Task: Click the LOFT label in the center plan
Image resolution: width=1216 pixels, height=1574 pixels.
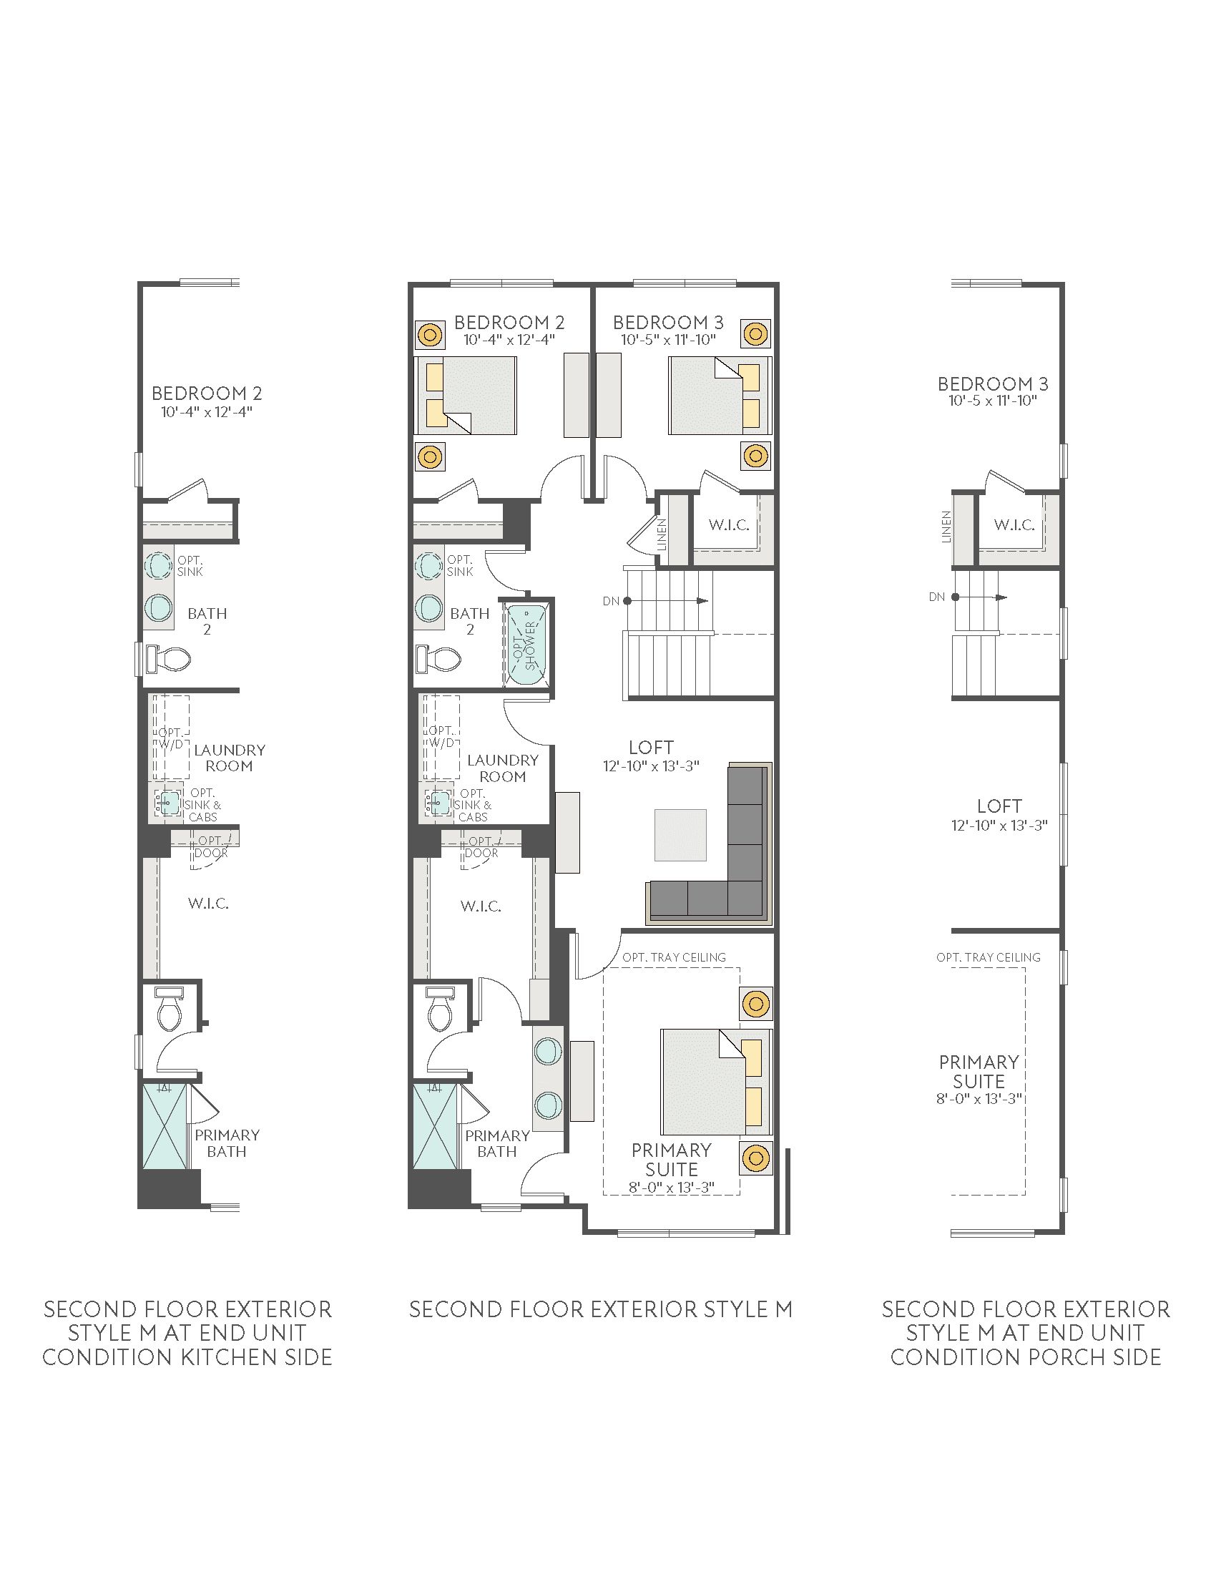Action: (651, 748)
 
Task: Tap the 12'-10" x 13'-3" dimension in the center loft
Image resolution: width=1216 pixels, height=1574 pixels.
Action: (651, 766)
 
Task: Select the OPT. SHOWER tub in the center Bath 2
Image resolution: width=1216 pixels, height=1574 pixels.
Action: (528, 644)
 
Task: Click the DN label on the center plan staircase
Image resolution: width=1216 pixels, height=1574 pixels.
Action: (611, 601)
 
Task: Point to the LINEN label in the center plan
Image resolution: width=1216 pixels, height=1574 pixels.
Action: (662, 534)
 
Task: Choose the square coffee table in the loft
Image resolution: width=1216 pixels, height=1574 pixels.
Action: (680, 835)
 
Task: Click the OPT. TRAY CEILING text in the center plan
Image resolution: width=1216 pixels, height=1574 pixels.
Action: (675, 957)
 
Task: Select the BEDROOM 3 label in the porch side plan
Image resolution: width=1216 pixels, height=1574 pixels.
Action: (993, 383)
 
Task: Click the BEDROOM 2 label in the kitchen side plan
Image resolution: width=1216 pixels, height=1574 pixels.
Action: (207, 393)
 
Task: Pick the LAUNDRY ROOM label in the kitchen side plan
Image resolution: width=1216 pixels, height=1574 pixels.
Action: (229, 758)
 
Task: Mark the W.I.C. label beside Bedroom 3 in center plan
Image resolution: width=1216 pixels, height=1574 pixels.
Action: (729, 524)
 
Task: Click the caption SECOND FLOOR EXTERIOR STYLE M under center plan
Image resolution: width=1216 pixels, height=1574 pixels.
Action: (601, 1309)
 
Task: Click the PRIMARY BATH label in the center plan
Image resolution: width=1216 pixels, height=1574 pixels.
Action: (497, 1144)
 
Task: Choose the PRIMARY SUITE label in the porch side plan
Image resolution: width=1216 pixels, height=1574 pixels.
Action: (979, 1072)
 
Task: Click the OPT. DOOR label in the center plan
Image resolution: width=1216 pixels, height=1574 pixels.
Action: (481, 847)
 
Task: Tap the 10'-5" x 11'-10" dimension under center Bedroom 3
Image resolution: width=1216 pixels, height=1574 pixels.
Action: (669, 340)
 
